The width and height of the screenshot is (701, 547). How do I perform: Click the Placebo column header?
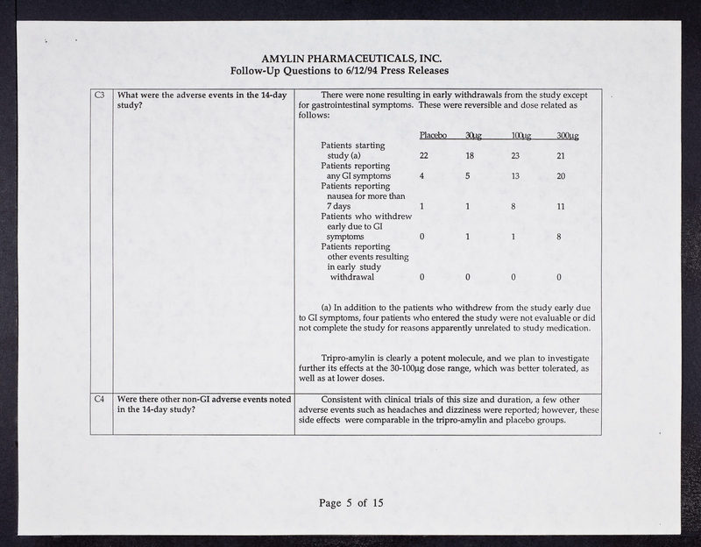[x=433, y=135]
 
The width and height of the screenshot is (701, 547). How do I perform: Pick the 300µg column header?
[x=567, y=135]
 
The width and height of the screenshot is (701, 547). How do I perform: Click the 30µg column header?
[x=473, y=135]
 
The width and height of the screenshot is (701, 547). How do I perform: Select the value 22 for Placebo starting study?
[x=423, y=155]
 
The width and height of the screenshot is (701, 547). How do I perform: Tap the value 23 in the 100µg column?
[x=515, y=155]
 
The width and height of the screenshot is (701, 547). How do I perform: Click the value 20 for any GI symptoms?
[x=561, y=176]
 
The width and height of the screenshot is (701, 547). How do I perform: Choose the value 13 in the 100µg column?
[x=515, y=176]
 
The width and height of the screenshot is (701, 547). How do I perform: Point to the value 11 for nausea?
[x=561, y=207]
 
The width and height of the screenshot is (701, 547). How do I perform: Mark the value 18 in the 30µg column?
[x=469, y=155]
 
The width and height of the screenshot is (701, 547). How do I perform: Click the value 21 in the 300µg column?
[x=561, y=155]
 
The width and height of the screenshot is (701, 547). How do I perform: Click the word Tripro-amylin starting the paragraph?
[x=349, y=359]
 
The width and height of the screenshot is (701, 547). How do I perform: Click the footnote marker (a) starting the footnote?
[x=328, y=307]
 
